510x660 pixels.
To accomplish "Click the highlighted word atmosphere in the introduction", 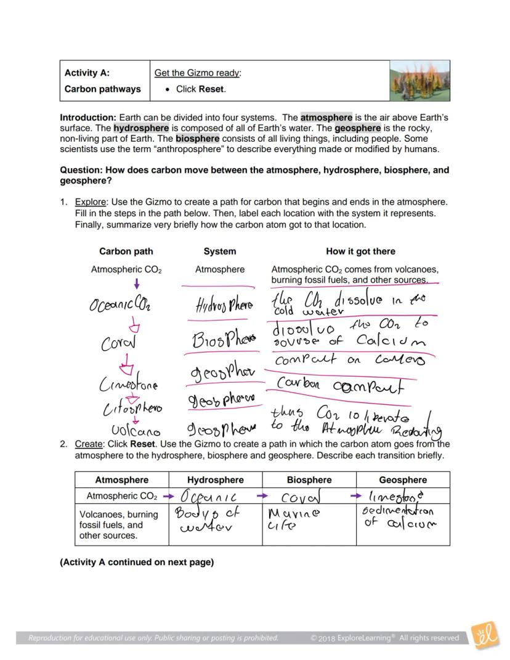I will pos(326,117).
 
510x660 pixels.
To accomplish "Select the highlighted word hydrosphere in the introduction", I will pos(141,128).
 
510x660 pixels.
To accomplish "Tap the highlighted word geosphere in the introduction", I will pos(357,128).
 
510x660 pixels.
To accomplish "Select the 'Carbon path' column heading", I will pos(126,251).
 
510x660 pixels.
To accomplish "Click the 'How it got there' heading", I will pos(360,251).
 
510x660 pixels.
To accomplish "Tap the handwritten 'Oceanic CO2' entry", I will pos(120,304).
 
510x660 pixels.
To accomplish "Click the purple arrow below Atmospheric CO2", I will pos(136,283).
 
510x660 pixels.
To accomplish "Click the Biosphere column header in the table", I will pos(309,480).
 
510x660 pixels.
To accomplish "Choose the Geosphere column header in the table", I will pos(403,480).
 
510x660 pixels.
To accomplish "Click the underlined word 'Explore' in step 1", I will pos(90,202).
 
